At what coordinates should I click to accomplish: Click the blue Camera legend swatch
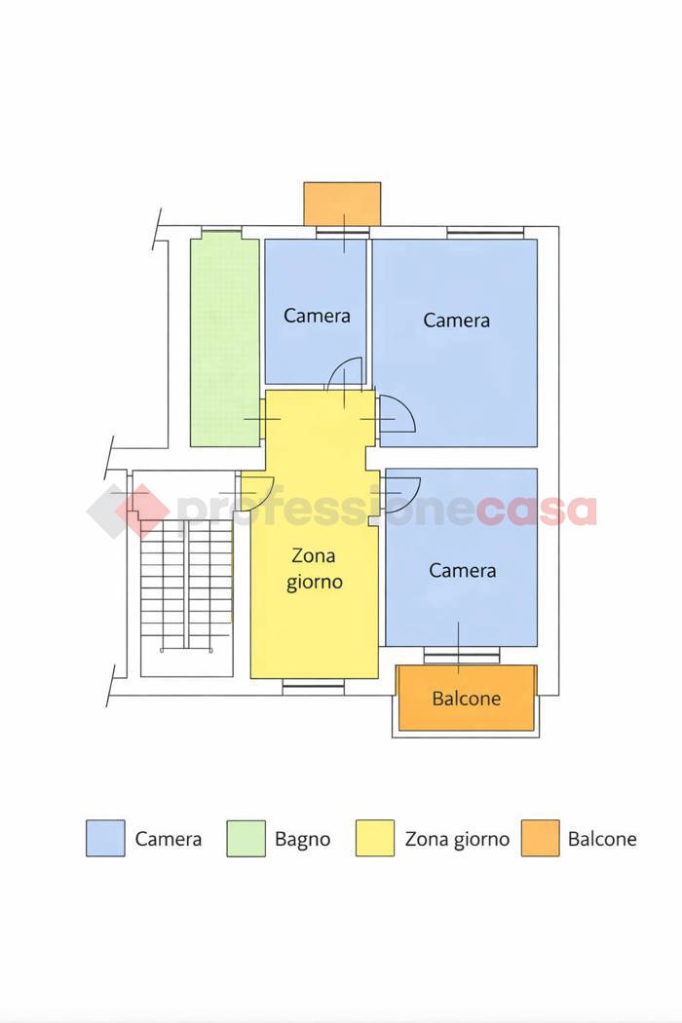pyautogui.click(x=105, y=838)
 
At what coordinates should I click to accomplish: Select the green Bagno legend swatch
pyautogui.click(x=246, y=838)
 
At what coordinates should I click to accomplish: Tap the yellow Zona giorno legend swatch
pyautogui.click(x=374, y=838)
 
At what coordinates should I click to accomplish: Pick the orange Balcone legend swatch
pyautogui.click(x=541, y=838)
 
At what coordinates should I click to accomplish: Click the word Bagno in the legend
pyautogui.click(x=302, y=839)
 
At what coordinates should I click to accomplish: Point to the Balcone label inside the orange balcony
pyautogui.click(x=467, y=699)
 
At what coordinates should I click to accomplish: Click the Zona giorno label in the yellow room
pyautogui.click(x=315, y=568)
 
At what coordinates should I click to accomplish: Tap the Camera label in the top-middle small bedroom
pyautogui.click(x=317, y=316)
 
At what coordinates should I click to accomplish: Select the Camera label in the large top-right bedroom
pyautogui.click(x=456, y=321)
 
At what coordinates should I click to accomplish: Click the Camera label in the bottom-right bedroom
pyautogui.click(x=462, y=571)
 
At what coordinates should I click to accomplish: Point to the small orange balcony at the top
pyautogui.click(x=342, y=205)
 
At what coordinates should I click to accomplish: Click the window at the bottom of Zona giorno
pyautogui.click(x=314, y=685)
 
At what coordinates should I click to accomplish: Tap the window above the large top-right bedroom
pyautogui.click(x=485, y=232)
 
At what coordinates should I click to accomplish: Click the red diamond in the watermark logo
pyautogui.click(x=142, y=511)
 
